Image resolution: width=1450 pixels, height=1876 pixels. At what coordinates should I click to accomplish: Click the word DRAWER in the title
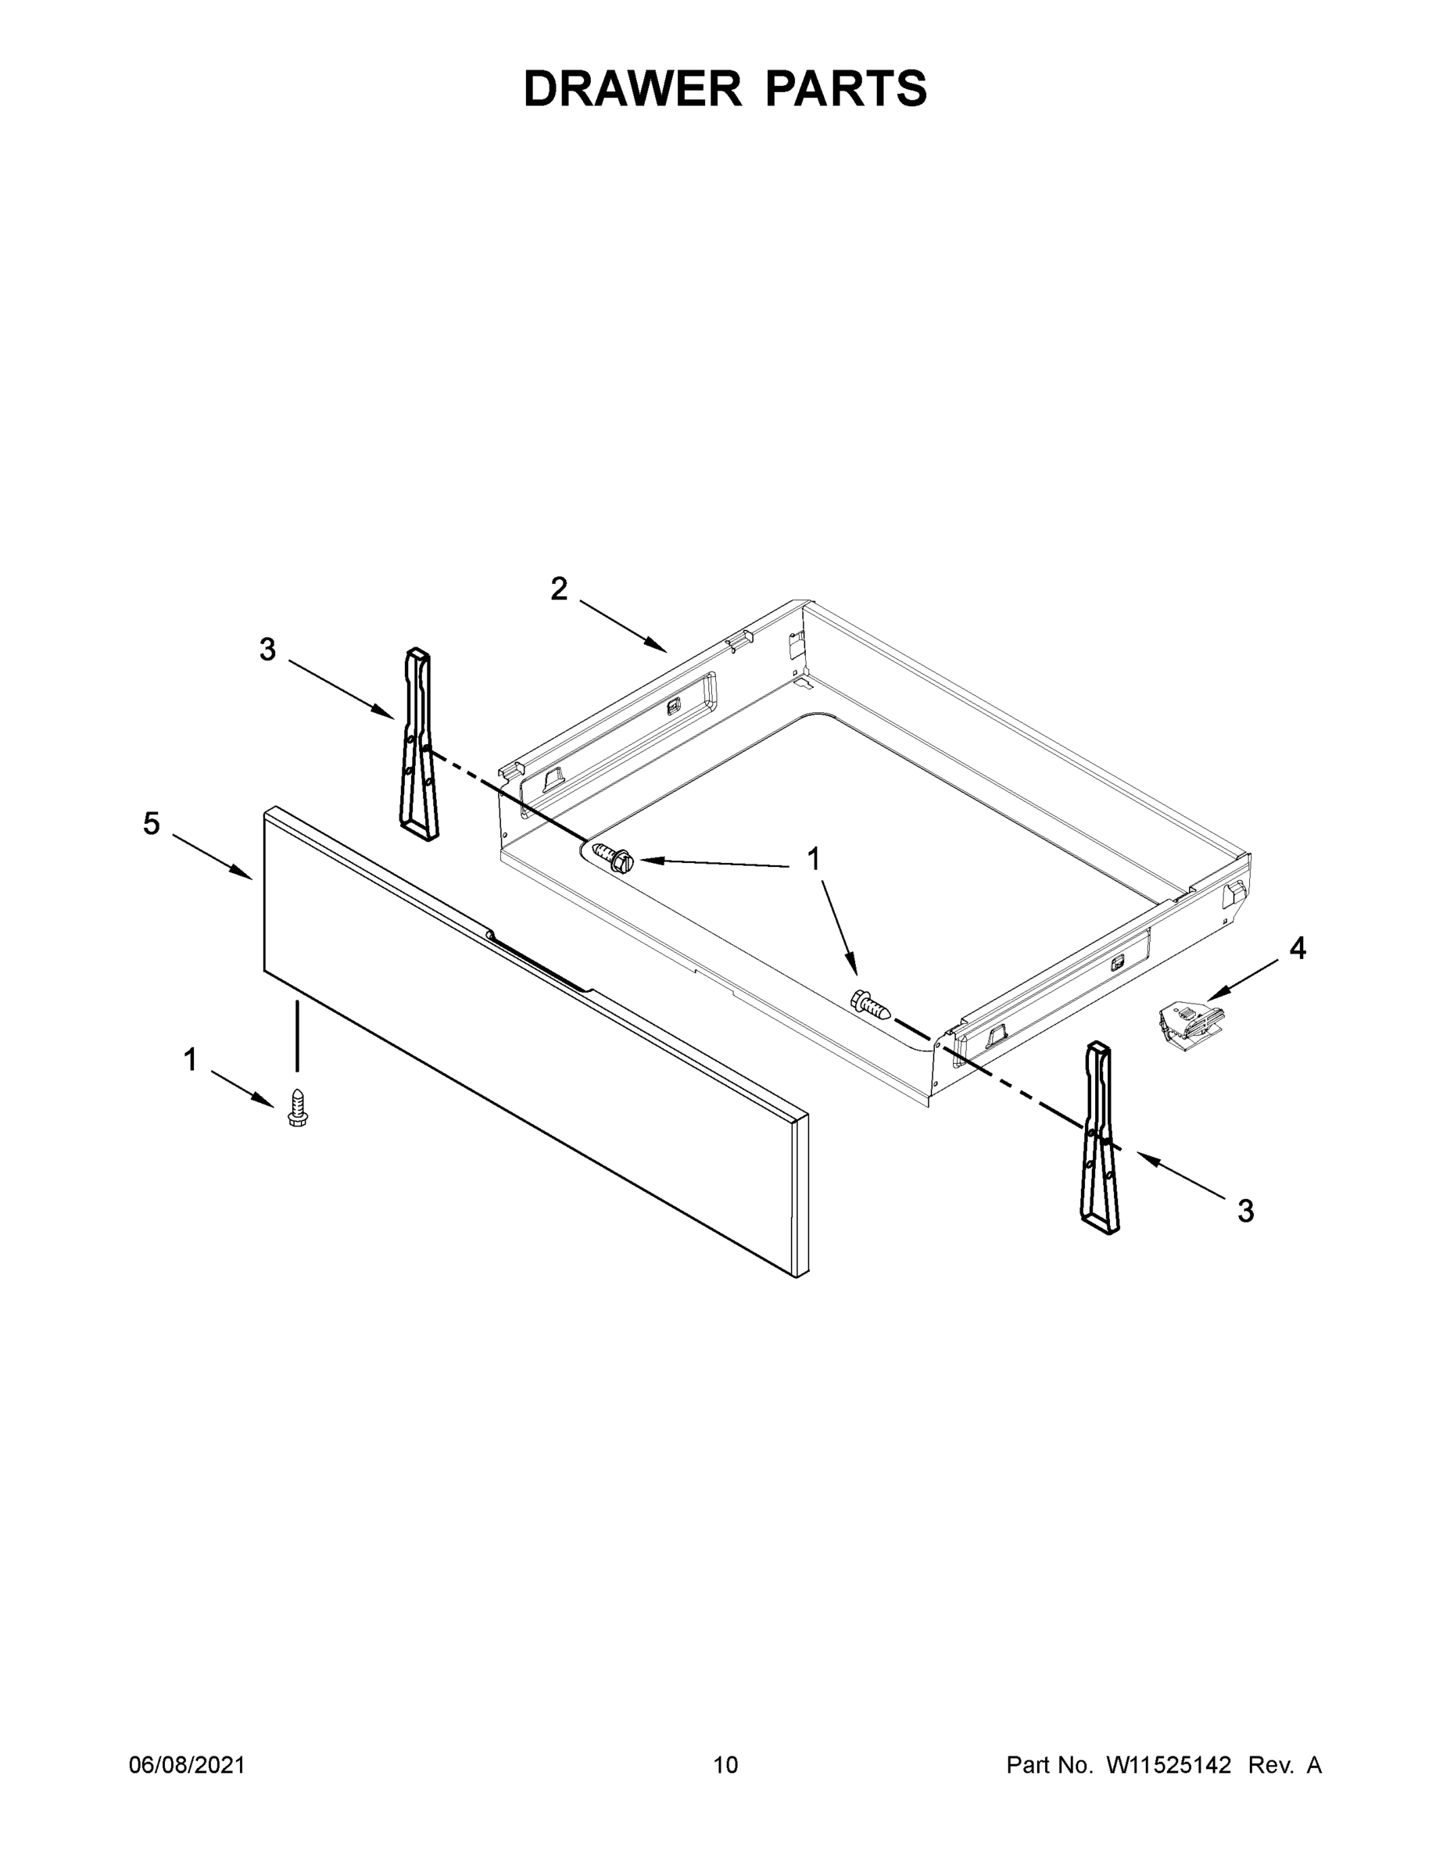click(x=632, y=89)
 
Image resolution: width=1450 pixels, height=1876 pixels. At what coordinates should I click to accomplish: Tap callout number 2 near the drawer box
click(x=559, y=589)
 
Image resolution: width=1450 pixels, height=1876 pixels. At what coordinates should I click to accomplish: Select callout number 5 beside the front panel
click(x=151, y=824)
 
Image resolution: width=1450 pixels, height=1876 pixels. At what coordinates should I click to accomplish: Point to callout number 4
click(x=1297, y=948)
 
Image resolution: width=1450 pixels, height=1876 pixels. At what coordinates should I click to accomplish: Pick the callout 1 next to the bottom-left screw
click(x=191, y=1060)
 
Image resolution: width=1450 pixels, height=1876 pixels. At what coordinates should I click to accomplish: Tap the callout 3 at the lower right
click(x=1245, y=1211)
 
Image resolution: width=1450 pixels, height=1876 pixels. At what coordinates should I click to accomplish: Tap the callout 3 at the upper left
click(x=268, y=650)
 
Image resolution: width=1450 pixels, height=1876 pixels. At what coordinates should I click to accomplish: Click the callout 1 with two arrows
click(x=813, y=858)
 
